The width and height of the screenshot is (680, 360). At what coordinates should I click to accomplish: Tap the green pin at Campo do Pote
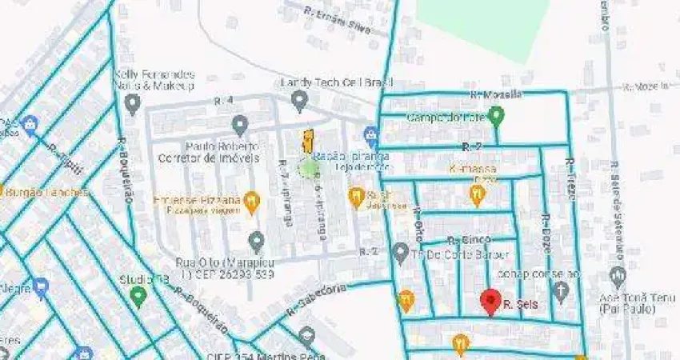point(496,117)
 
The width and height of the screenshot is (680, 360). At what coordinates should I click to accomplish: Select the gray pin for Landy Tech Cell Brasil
point(299,100)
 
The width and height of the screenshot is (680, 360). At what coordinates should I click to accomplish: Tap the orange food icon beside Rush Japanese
point(357,196)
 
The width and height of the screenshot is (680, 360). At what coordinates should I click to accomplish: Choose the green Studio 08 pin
point(138,297)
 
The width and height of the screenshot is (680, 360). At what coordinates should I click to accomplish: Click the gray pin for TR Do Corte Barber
point(401,254)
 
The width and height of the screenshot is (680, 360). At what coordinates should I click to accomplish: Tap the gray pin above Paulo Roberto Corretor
point(239,125)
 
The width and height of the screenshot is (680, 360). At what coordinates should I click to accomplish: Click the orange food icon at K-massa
point(478,193)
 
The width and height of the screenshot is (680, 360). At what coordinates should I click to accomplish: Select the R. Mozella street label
point(496,94)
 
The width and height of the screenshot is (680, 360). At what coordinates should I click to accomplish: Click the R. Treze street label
point(571,171)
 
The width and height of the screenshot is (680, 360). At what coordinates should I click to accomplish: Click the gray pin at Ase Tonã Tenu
point(617,278)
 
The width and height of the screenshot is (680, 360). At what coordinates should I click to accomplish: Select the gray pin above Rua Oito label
point(256,240)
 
